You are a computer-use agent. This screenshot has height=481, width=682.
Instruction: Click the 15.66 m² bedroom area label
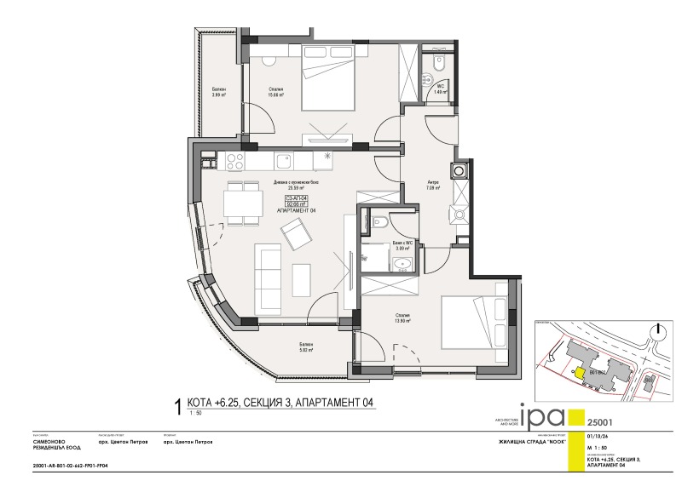click(x=274, y=94)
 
